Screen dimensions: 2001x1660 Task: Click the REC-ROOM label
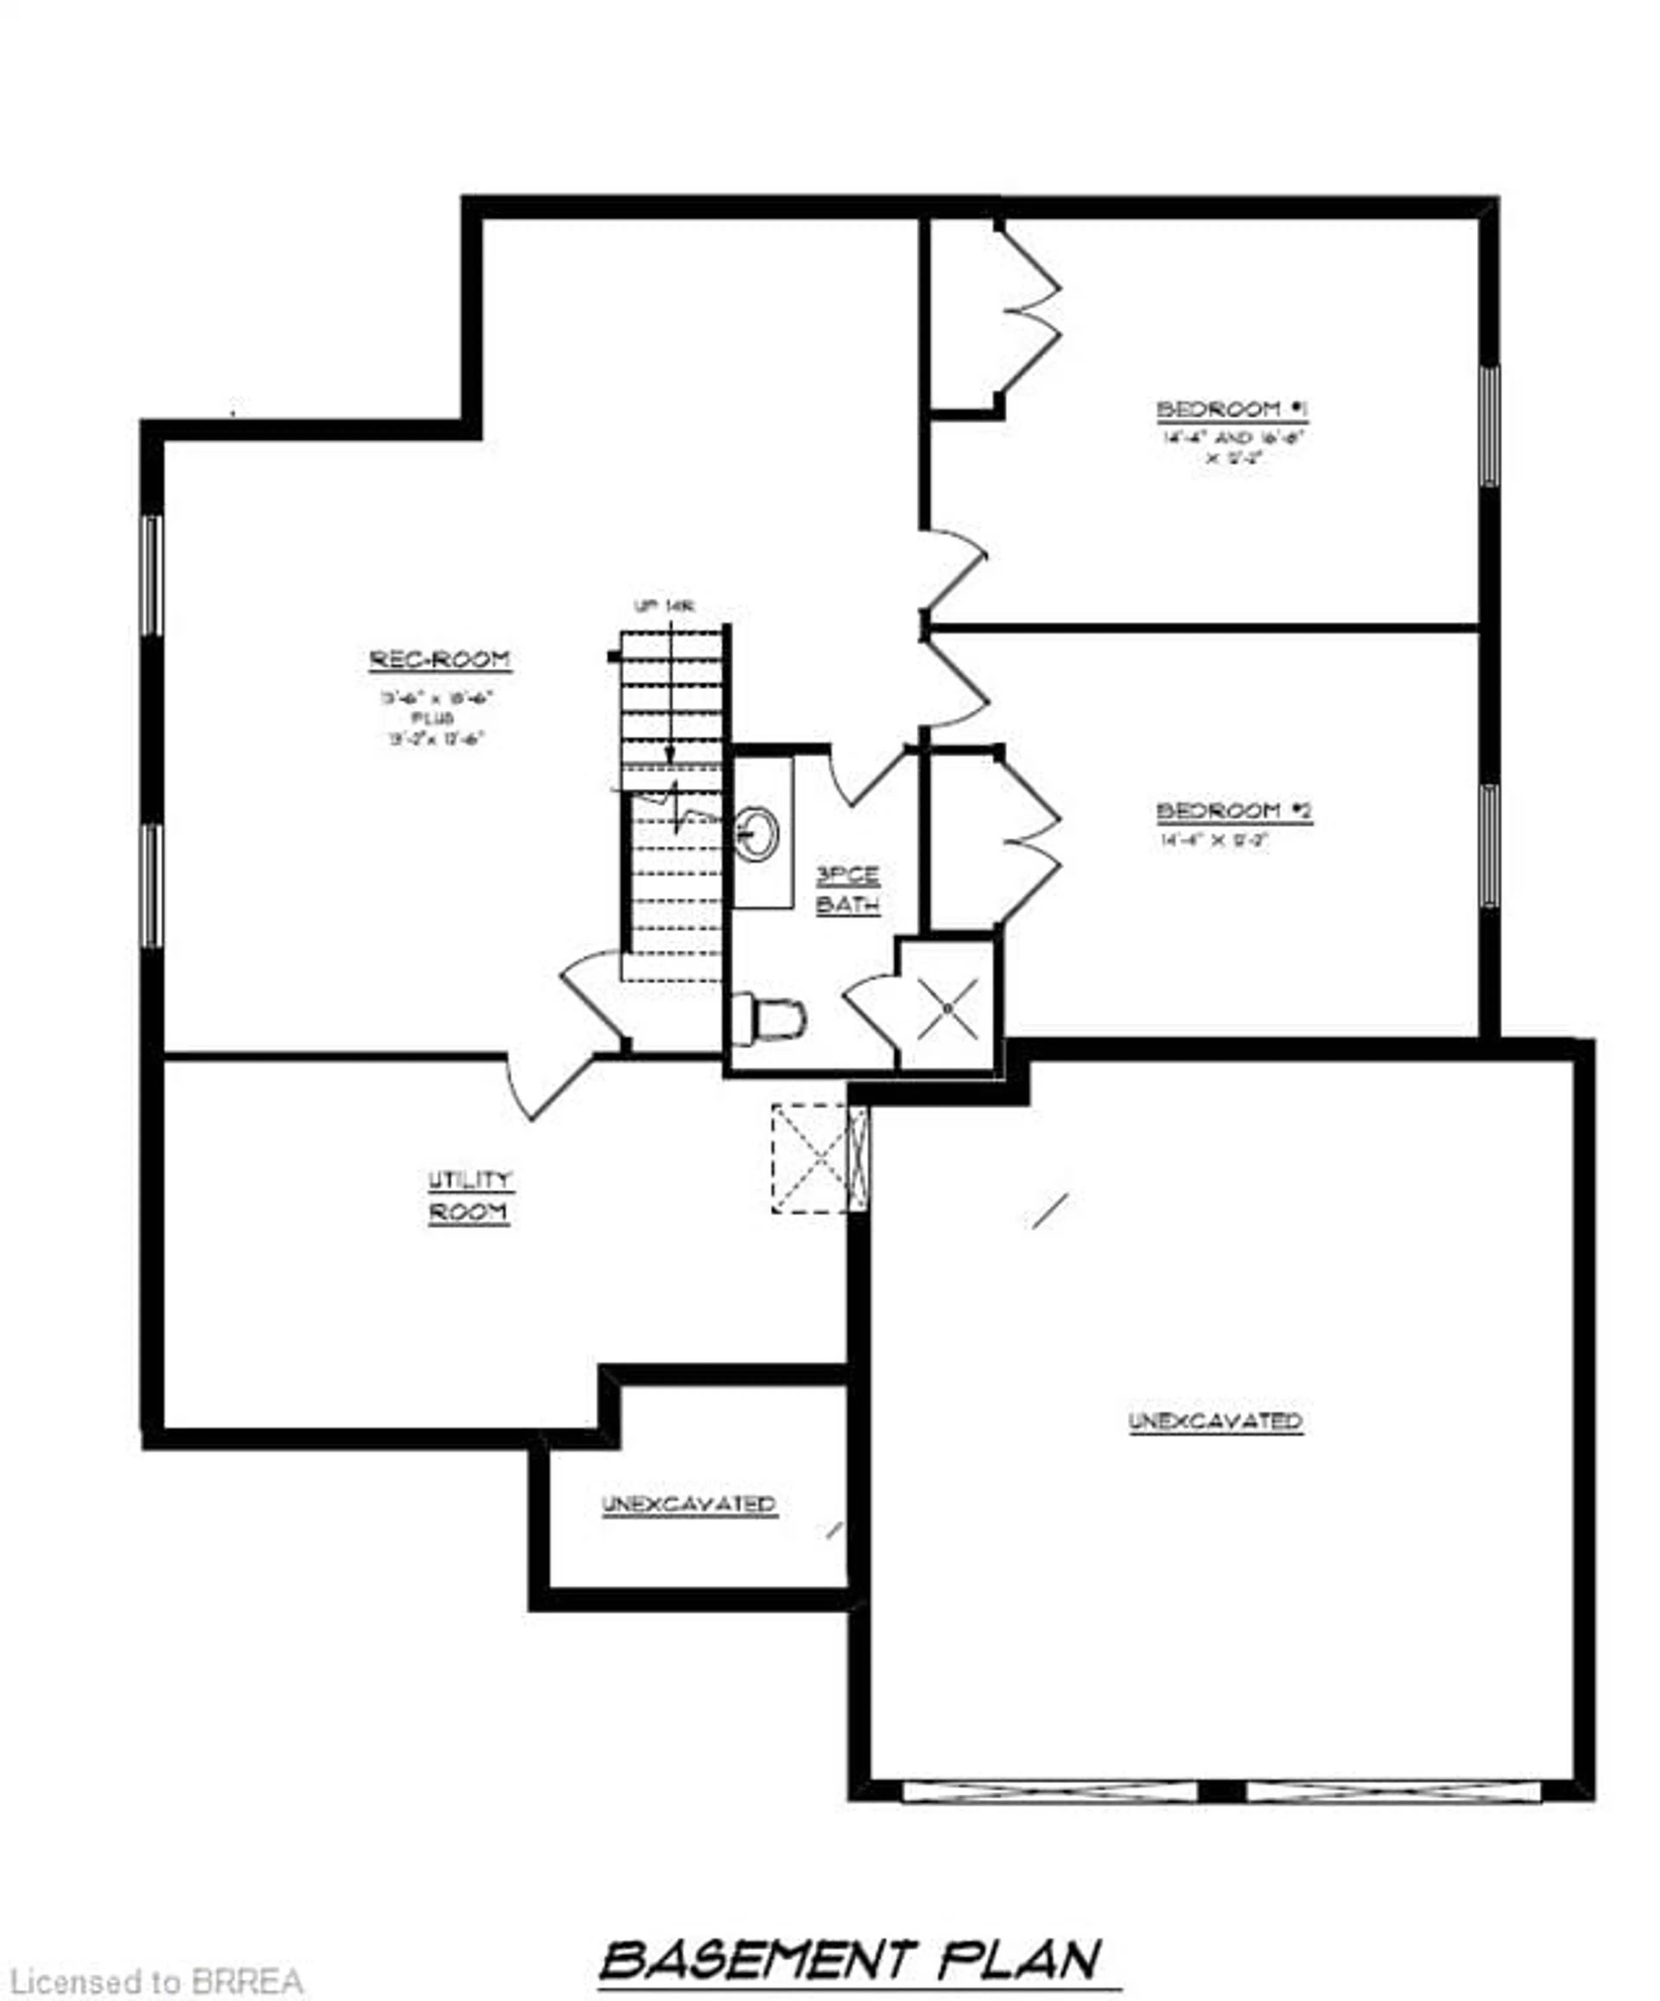(439, 660)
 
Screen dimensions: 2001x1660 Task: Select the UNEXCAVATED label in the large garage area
(1215, 1421)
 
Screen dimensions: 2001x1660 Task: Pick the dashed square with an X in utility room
(810, 1158)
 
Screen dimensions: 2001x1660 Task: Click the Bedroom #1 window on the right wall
(1488, 426)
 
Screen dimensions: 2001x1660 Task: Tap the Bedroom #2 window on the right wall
(1488, 845)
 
